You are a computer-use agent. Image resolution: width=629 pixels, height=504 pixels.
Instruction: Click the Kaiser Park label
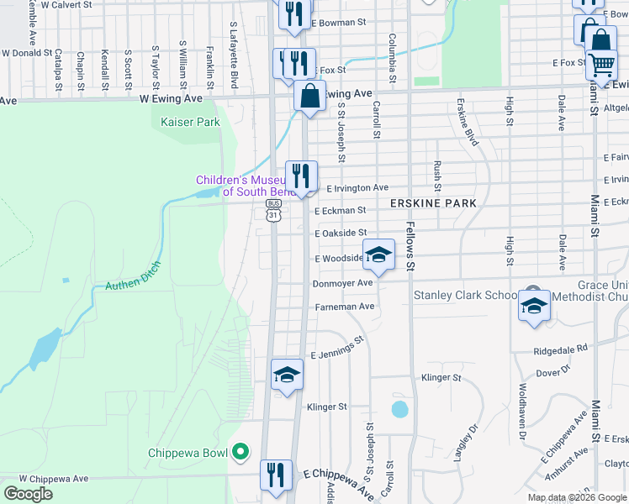(190, 123)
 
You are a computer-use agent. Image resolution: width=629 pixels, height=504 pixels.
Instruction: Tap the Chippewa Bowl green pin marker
(240, 452)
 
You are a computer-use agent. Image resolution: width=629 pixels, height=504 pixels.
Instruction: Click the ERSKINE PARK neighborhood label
(433, 203)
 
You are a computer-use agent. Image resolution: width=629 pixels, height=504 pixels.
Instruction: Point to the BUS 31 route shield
(273, 211)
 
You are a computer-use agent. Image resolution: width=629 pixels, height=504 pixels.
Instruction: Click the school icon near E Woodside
(378, 255)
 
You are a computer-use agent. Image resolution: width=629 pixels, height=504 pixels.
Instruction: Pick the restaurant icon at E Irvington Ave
(301, 176)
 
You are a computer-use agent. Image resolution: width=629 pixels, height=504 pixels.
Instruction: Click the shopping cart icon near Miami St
(601, 64)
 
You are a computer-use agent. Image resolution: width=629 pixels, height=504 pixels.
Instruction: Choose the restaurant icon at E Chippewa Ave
(275, 475)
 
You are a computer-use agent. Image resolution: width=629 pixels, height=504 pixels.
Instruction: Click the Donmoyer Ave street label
(342, 284)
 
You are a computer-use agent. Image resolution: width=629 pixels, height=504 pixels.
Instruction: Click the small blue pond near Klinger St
(399, 410)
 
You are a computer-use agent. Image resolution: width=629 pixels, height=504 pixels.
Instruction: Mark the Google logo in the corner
(28, 494)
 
